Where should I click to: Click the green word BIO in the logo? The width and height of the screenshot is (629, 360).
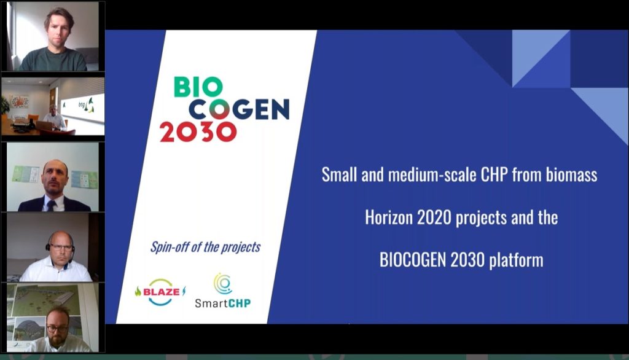tap(198, 87)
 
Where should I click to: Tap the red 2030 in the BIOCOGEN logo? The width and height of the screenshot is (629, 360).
tap(198, 131)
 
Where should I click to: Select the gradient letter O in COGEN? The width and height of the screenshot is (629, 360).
tap(221, 109)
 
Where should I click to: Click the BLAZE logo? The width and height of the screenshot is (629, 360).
tap(160, 292)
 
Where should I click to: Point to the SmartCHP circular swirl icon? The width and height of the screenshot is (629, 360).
tap(222, 283)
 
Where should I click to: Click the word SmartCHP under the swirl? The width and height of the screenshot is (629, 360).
tap(222, 303)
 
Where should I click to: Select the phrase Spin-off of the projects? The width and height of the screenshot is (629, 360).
tap(205, 247)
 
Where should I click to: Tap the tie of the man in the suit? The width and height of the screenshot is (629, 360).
tap(51, 205)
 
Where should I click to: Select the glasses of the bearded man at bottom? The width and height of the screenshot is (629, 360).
tap(57, 329)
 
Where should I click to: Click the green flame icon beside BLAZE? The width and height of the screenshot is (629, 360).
tap(138, 292)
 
